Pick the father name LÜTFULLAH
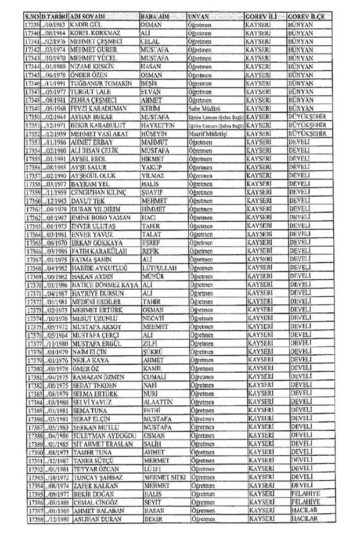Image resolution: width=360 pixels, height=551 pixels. pyautogui.click(x=159, y=269)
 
